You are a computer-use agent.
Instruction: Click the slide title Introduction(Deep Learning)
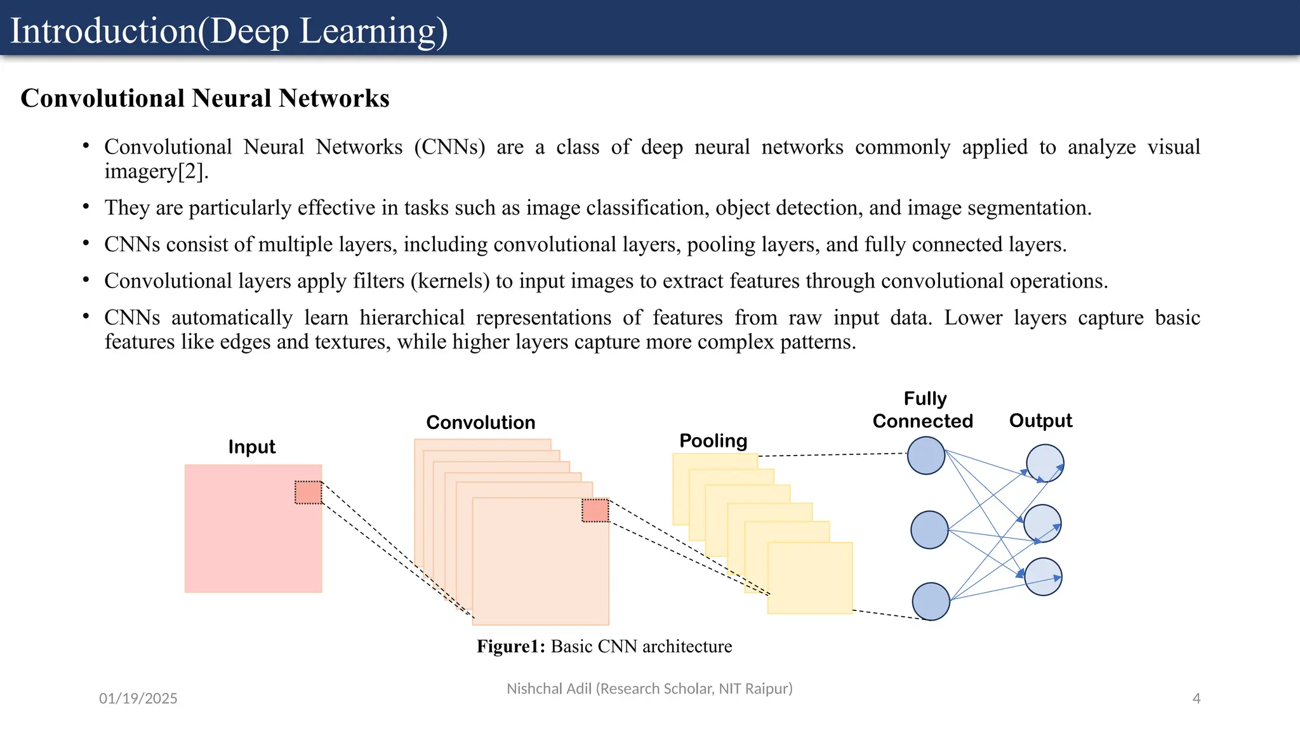pyautogui.click(x=229, y=31)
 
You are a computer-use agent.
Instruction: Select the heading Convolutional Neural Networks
pyautogui.click(x=205, y=98)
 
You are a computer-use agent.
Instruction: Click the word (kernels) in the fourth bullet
pyautogui.click(x=450, y=280)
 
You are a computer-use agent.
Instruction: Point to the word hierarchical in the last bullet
pyautogui.click(x=412, y=317)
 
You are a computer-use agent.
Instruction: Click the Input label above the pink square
pyautogui.click(x=252, y=447)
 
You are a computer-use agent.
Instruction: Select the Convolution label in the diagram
pyautogui.click(x=481, y=423)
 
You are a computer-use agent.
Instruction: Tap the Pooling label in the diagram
pyautogui.click(x=713, y=441)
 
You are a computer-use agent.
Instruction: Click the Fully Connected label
pyautogui.click(x=923, y=410)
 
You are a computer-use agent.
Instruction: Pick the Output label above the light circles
pyautogui.click(x=1040, y=421)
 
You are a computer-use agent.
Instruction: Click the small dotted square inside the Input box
pyautogui.click(x=308, y=492)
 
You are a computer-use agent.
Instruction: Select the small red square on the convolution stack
pyautogui.click(x=595, y=510)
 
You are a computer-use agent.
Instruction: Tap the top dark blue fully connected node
pyautogui.click(x=926, y=456)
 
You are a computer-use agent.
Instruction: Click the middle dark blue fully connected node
pyautogui.click(x=929, y=530)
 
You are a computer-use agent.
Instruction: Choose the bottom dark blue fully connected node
pyautogui.click(x=931, y=601)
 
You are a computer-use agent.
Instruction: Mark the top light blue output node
pyautogui.click(x=1045, y=463)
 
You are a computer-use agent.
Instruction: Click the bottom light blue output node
pyautogui.click(x=1044, y=577)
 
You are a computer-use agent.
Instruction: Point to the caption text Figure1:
pyautogui.click(x=511, y=647)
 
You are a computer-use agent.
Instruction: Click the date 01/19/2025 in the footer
pyautogui.click(x=138, y=699)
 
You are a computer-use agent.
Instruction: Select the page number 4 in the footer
pyautogui.click(x=1197, y=699)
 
